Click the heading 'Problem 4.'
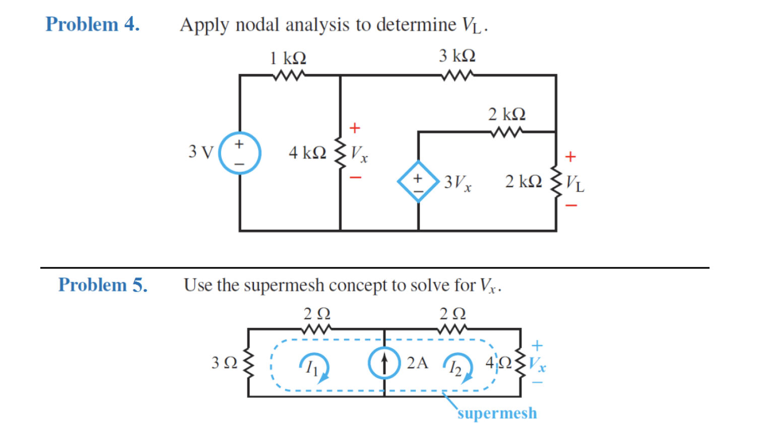pyautogui.click(x=92, y=24)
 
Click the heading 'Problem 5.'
pyautogui.click(x=103, y=285)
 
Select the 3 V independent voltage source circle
pyautogui.click(x=239, y=153)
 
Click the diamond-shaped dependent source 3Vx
pyautogui.click(x=418, y=181)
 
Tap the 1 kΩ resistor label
pyautogui.click(x=288, y=58)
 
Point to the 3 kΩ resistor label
pyautogui.click(x=457, y=56)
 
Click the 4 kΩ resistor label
pyautogui.click(x=307, y=153)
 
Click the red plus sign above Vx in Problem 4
pyautogui.click(x=355, y=128)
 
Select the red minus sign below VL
pyautogui.click(x=570, y=205)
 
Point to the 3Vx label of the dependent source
pyautogui.click(x=458, y=183)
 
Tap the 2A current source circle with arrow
pyautogui.click(x=384, y=363)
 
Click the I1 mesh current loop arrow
pyautogui.click(x=314, y=367)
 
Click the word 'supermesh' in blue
pyautogui.click(x=497, y=413)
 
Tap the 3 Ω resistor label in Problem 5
pyautogui.click(x=224, y=363)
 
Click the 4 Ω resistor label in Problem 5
pyautogui.click(x=498, y=363)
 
